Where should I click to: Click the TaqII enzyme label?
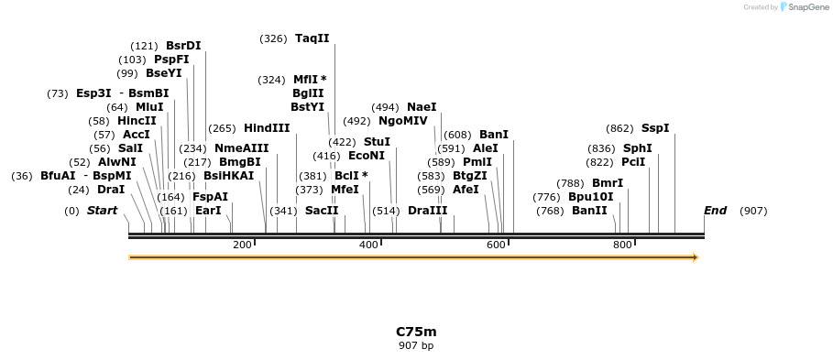[x=312, y=38]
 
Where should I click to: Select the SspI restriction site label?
[x=655, y=128]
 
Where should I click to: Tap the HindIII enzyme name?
[x=267, y=128]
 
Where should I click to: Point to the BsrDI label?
[x=183, y=46]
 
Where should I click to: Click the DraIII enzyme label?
[x=428, y=211]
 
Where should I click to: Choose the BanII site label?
[x=589, y=211]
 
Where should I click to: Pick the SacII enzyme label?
[x=322, y=211]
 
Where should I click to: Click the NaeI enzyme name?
[x=422, y=107]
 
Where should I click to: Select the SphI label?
[x=638, y=148]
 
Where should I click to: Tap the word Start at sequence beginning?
[x=103, y=211]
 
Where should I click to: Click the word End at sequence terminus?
[x=715, y=211]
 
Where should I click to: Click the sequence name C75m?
[x=416, y=332]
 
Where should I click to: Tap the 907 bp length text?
[x=416, y=346]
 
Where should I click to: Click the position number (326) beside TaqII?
[x=273, y=38]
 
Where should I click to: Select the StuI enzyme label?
[x=377, y=142]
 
